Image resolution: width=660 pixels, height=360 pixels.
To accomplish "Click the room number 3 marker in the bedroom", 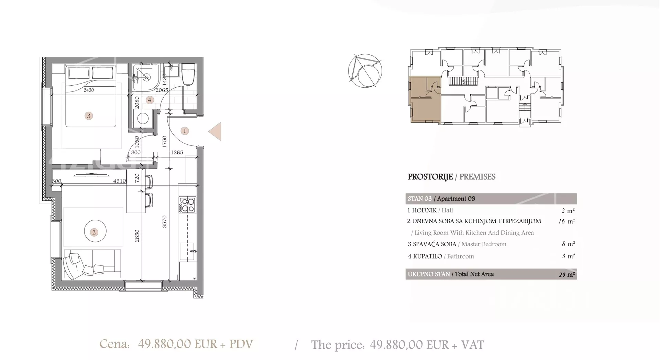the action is tap(89, 116).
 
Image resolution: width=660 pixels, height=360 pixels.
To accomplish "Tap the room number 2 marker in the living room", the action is tap(94, 232).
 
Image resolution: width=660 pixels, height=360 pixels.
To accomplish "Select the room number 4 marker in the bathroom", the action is tap(149, 100).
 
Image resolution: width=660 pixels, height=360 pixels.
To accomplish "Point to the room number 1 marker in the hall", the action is tap(185, 131).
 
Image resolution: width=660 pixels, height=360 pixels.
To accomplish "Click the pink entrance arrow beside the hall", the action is tap(216, 131).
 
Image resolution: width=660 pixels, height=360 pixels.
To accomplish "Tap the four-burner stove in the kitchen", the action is tap(187, 205).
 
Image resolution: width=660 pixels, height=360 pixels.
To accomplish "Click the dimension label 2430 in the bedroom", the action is tap(89, 90).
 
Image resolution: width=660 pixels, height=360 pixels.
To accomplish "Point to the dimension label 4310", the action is tap(119, 181).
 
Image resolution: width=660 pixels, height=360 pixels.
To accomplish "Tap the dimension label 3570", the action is tap(164, 221).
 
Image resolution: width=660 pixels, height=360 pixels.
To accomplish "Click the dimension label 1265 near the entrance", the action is tap(177, 152).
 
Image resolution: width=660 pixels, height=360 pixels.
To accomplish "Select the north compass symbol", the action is tap(365, 70).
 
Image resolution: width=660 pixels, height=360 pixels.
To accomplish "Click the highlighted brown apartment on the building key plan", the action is tap(425, 99).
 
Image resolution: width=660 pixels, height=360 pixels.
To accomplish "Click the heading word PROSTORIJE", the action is tap(430, 177).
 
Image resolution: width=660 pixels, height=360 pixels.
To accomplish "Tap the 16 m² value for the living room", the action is tap(566, 221).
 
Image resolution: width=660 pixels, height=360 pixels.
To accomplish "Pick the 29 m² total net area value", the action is tap(567, 275).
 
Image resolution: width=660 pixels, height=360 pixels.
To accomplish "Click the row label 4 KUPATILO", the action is tap(425, 257).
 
